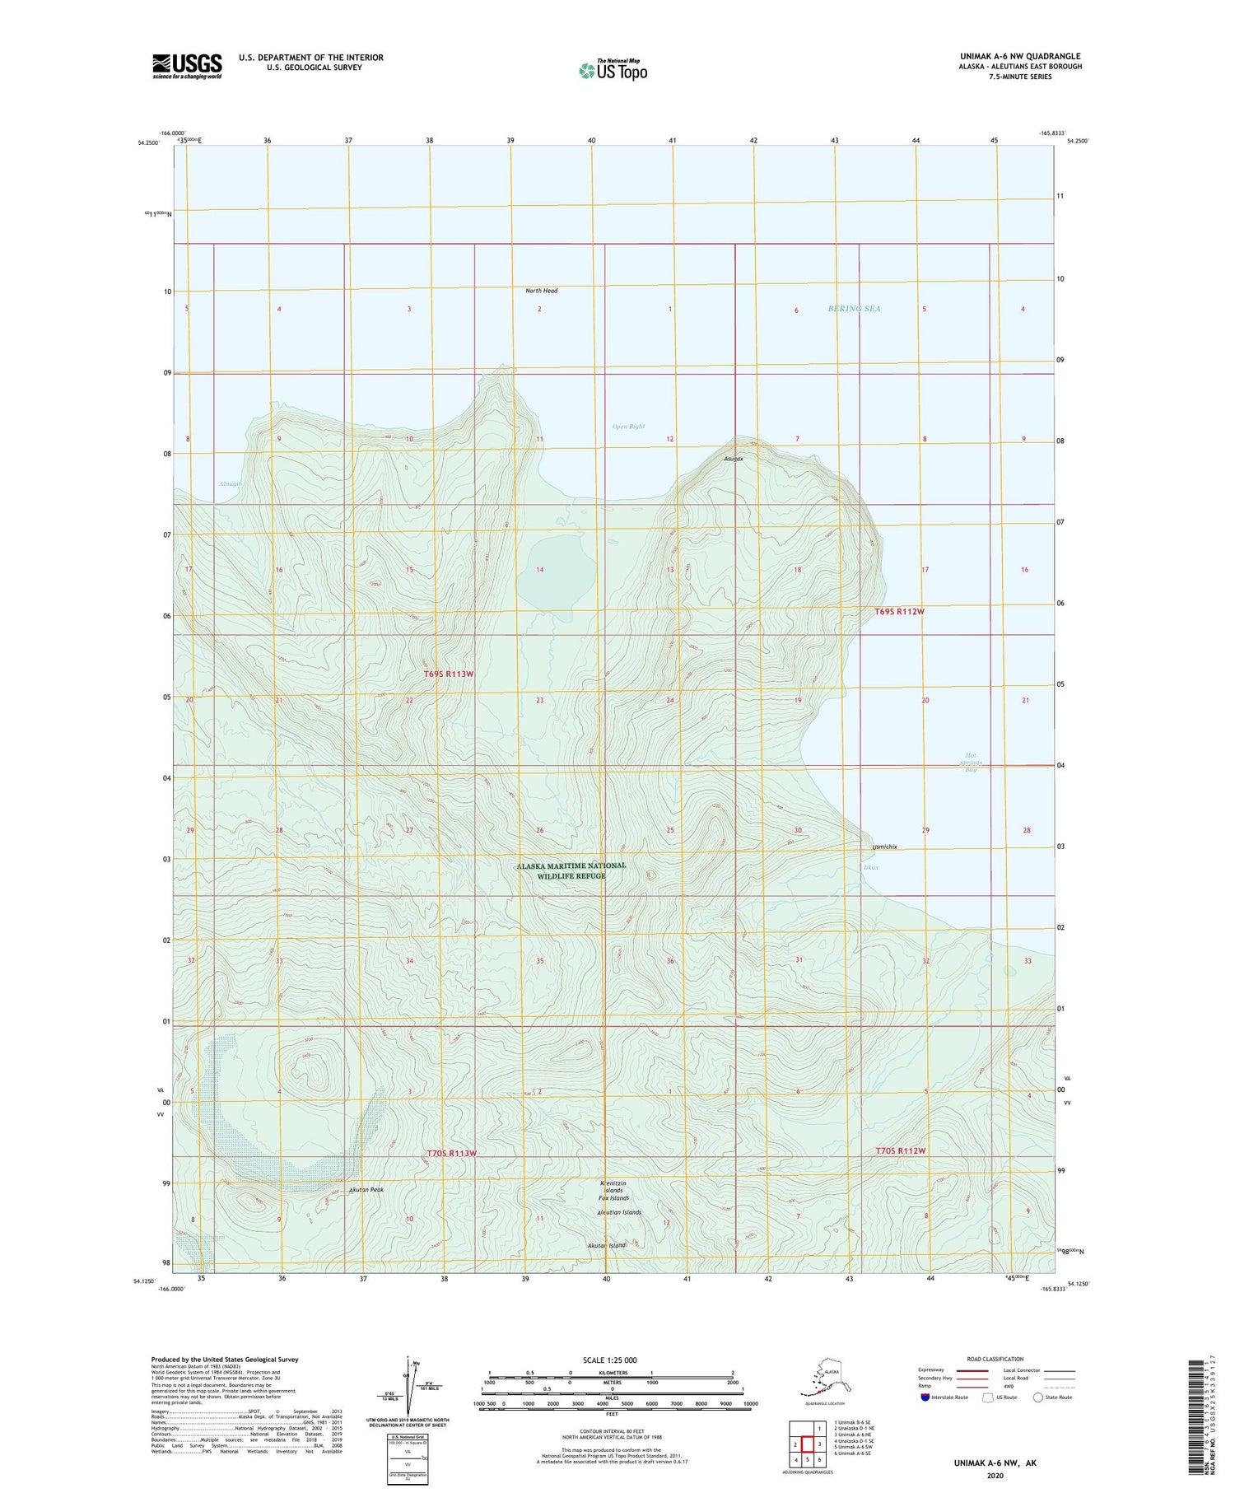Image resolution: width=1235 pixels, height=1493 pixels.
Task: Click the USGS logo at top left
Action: [x=187, y=66]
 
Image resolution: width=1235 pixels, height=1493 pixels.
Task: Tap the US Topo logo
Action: [x=613, y=70]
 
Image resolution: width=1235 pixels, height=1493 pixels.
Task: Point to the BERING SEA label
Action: [x=854, y=309]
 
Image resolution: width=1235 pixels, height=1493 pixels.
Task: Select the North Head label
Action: [x=541, y=291]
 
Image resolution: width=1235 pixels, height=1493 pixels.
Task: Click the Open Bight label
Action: [x=628, y=427]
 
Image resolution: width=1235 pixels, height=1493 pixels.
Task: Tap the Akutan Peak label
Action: [x=366, y=1190]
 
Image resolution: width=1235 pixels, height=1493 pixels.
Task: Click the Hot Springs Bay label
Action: [x=972, y=762]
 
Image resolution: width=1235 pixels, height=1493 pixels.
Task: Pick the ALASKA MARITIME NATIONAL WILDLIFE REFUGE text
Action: [x=571, y=870]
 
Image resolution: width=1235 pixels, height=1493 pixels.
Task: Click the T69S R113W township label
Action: [x=449, y=674]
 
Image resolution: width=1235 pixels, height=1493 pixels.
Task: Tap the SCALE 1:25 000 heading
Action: [x=609, y=1360]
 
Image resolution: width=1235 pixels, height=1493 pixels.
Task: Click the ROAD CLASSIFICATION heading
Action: [x=995, y=1360]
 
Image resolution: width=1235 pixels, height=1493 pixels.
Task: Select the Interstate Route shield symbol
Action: [x=925, y=1397]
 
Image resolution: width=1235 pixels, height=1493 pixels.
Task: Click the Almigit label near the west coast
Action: [x=231, y=483]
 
